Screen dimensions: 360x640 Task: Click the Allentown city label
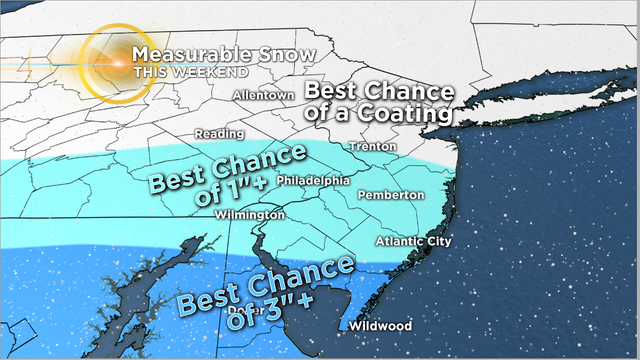(x=263, y=95)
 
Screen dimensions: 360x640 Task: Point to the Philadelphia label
(x=312, y=180)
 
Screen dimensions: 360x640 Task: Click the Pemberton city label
(x=390, y=194)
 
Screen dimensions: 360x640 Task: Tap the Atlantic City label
(x=413, y=242)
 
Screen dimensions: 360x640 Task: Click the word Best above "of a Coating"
(x=335, y=90)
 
